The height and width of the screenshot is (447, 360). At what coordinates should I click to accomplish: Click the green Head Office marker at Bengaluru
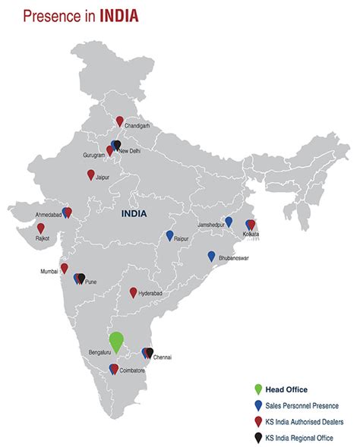pyautogui.click(x=116, y=341)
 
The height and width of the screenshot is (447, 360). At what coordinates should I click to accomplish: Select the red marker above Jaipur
pyautogui.click(x=91, y=175)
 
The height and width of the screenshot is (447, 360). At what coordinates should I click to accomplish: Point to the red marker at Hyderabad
pyautogui.click(x=134, y=292)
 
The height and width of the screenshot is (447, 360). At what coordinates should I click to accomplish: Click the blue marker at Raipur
pyautogui.click(x=170, y=235)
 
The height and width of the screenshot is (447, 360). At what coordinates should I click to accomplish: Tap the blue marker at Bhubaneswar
pyautogui.click(x=212, y=256)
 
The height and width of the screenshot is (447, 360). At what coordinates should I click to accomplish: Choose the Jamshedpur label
pyautogui.click(x=212, y=225)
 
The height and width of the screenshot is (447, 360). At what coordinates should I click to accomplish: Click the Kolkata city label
pyautogui.click(x=251, y=234)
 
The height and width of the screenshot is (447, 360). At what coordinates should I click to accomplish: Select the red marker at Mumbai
pyautogui.click(x=65, y=268)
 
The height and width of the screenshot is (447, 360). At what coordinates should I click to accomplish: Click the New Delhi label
pyautogui.click(x=130, y=151)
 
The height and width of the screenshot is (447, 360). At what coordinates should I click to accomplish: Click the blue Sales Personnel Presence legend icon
pyautogui.click(x=259, y=405)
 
